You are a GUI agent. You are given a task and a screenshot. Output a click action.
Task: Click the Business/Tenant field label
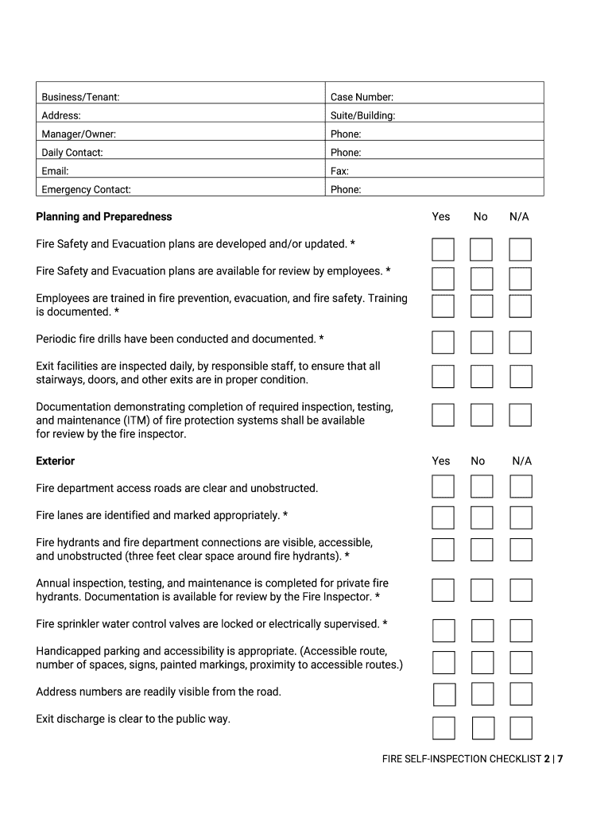tap(80, 97)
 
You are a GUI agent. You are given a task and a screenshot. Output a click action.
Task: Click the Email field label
tap(55, 171)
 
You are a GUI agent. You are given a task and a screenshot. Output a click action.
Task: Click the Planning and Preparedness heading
tap(103, 217)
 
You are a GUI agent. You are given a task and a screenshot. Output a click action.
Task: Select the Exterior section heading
tap(55, 461)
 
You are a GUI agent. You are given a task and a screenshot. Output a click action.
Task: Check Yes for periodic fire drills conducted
tap(443, 343)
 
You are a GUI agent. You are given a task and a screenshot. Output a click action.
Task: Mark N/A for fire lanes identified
tap(521, 518)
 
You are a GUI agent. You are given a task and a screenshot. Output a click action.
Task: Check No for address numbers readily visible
tap(482, 694)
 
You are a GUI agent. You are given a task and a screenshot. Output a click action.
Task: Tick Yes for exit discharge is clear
tap(444, 728)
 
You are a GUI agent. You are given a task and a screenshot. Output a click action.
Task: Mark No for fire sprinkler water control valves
tap(482, 631)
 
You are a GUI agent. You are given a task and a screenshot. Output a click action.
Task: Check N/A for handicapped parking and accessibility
tap(521, 662)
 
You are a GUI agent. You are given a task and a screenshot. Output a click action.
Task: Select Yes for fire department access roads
tap(443, 486)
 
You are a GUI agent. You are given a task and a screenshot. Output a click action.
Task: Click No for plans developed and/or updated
tap(481, 250)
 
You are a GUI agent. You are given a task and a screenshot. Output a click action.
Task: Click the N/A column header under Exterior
tap(521, 461)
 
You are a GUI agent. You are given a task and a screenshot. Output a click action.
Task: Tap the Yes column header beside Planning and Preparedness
tap(440, 217)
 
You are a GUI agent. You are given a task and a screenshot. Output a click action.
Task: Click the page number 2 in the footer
tap(547, 759)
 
